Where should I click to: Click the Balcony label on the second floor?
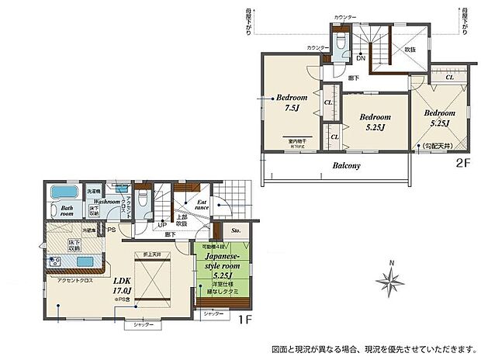pyautogui.click(x=350, y=165)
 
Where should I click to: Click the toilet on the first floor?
pyautogui.click(x=142, y=199)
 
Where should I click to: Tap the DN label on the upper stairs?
pyautogui.click(x=361, y=57)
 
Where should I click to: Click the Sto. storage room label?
pyautogui.click(x=235, y=230)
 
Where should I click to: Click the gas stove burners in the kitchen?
pyautogui.click(x=54, y=261)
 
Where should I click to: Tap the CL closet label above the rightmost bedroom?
pyautogui.click(x=450, y=78)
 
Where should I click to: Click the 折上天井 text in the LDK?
pyautogui.click(x=151, y=255)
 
